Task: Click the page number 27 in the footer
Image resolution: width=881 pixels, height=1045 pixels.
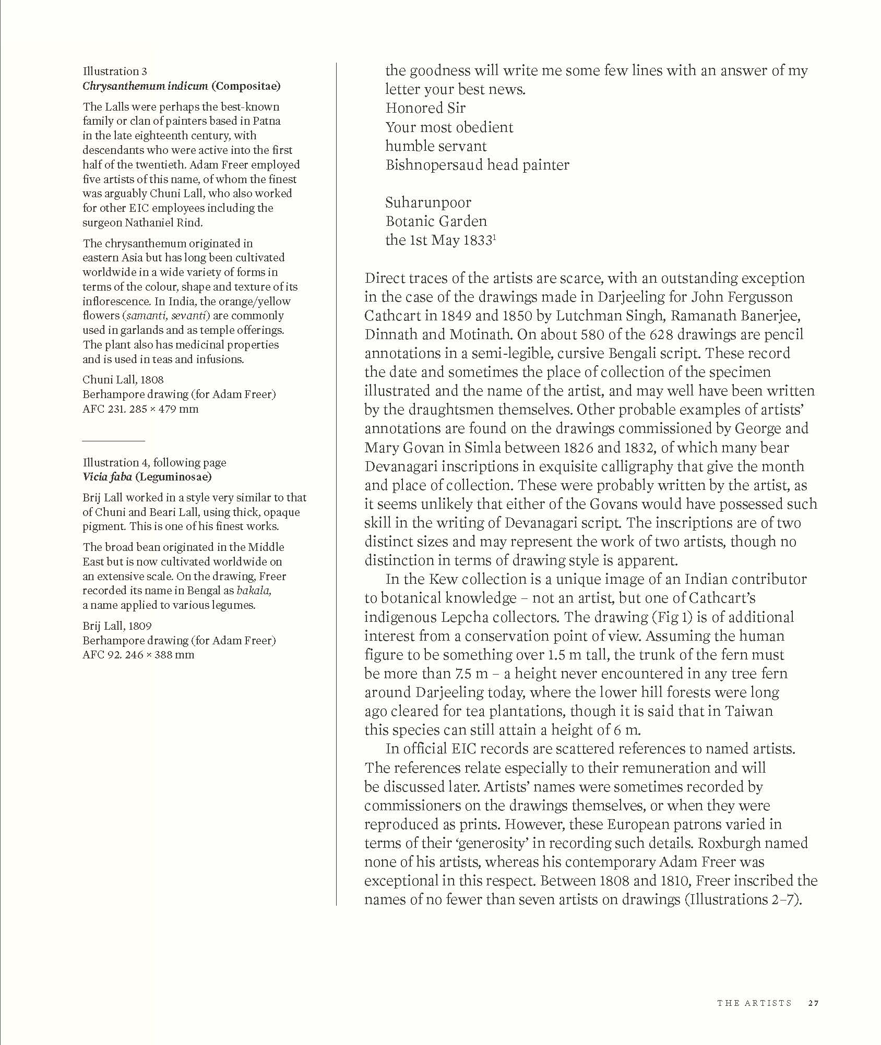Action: click(813, 1003)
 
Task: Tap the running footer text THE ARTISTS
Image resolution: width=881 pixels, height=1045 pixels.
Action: click(754, 1003)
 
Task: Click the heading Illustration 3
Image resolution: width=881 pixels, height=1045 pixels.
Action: click(115, 71)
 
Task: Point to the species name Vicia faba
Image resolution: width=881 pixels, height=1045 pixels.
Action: click(107, 477)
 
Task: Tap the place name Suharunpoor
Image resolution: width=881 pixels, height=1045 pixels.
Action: click(428, 202)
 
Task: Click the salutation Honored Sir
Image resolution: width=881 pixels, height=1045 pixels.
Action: click(425, 108)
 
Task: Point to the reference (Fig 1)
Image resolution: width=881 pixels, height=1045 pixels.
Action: click(672, 617)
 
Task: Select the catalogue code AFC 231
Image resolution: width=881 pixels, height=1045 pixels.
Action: click(101, 409)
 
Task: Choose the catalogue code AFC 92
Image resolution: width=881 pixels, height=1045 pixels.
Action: click(98, 655)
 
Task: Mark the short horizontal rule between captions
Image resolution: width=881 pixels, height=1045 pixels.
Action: click(113, 441)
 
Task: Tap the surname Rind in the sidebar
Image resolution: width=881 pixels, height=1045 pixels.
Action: click(189, 222)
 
